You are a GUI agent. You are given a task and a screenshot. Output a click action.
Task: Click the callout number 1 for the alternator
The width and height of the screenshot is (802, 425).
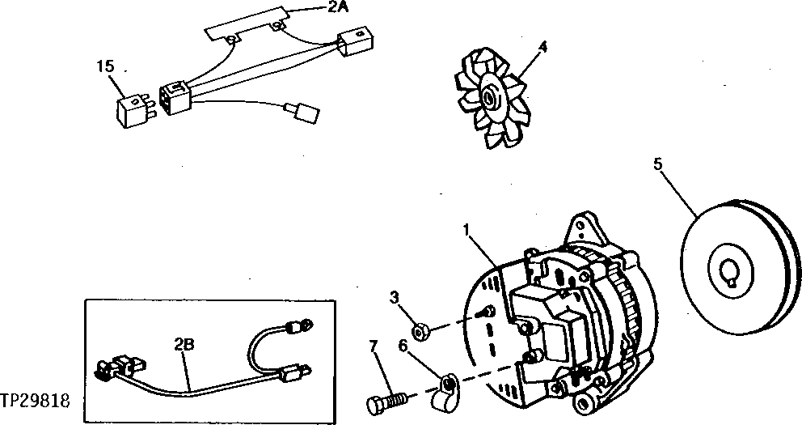pos(466,231)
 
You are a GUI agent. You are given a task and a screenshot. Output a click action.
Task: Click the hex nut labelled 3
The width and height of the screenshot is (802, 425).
pos(420,329)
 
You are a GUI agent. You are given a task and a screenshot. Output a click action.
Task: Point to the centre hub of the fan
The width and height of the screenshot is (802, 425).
pos(489,99)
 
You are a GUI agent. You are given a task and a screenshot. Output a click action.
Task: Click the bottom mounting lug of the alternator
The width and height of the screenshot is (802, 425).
pos(585,402)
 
